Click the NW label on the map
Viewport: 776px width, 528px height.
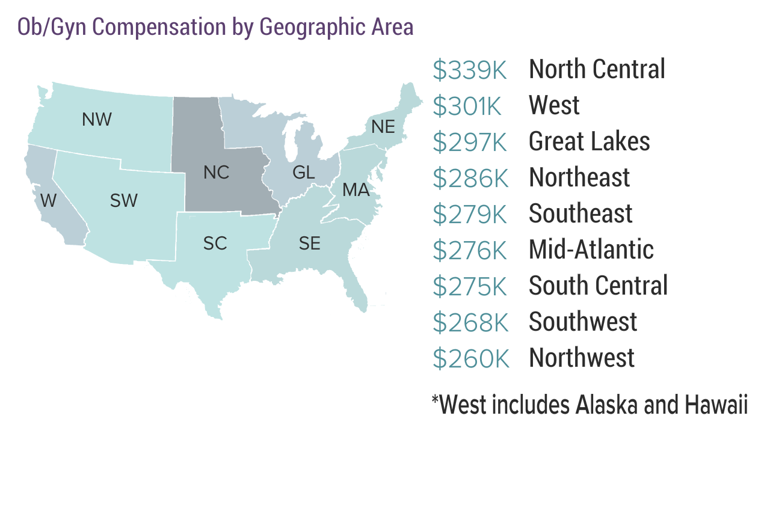97,120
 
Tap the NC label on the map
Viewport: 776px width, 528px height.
216,173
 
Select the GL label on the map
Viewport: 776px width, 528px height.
303,173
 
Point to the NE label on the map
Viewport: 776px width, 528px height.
383,127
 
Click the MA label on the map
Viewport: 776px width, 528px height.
356,191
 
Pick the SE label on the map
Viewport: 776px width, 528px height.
310,244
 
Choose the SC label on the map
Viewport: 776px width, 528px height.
215,244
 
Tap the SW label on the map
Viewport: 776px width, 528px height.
124,201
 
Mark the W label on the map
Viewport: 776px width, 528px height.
48,200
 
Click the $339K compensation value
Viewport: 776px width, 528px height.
470,70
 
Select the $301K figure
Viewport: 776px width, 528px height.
467,106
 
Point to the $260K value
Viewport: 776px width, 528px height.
470,359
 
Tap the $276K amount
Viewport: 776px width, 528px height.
470,251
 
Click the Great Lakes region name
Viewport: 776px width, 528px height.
589,142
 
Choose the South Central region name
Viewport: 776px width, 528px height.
598,286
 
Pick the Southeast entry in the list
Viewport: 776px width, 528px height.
580,214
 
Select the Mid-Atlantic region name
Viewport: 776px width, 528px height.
591,250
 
